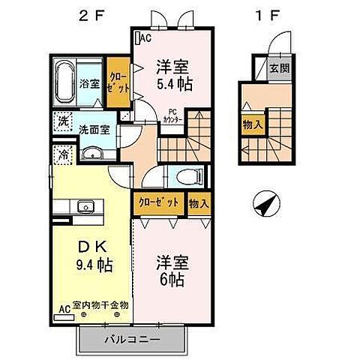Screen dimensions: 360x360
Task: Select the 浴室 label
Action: (89, 82)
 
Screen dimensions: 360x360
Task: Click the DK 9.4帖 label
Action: (84, 256)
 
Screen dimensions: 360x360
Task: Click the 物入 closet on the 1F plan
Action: (251, 124)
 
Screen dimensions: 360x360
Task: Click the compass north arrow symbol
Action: (266, 202)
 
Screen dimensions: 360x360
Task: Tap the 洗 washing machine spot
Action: (64, 120)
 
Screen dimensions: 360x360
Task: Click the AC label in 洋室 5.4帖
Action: (144, 37)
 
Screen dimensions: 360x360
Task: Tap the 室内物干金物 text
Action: (100, 305)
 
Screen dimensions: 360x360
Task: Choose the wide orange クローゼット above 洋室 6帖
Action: (159, 202)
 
